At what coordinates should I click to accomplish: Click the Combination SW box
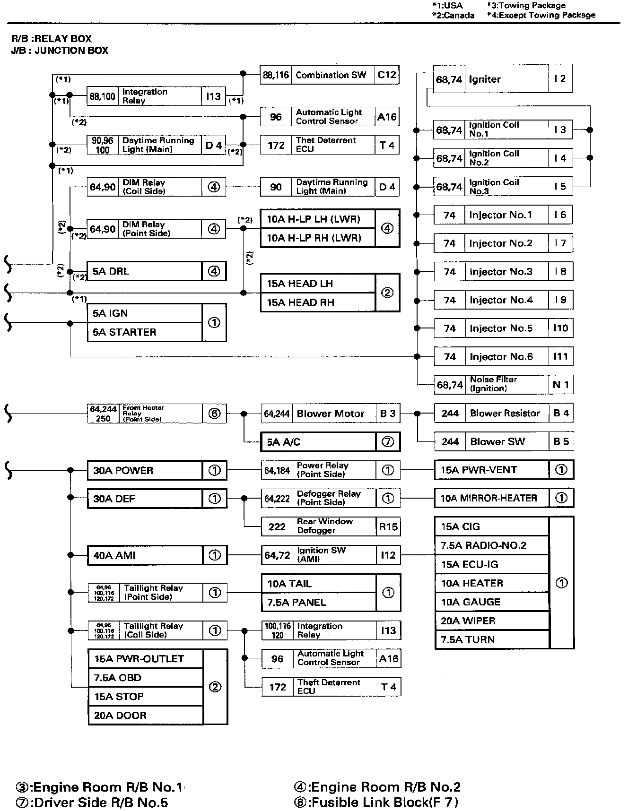331,75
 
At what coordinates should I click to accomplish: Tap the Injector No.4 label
501,300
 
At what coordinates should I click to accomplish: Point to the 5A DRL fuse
145,271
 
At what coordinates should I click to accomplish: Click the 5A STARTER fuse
145,332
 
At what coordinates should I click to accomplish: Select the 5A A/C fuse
318,442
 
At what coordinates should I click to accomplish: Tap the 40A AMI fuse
145,555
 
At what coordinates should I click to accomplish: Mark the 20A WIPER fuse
491,621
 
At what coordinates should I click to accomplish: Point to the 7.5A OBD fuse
145,678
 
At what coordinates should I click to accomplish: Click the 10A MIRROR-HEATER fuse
491,498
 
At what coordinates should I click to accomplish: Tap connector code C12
387,75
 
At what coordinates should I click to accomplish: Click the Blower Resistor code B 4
561,414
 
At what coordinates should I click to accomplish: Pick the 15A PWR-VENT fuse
491,470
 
